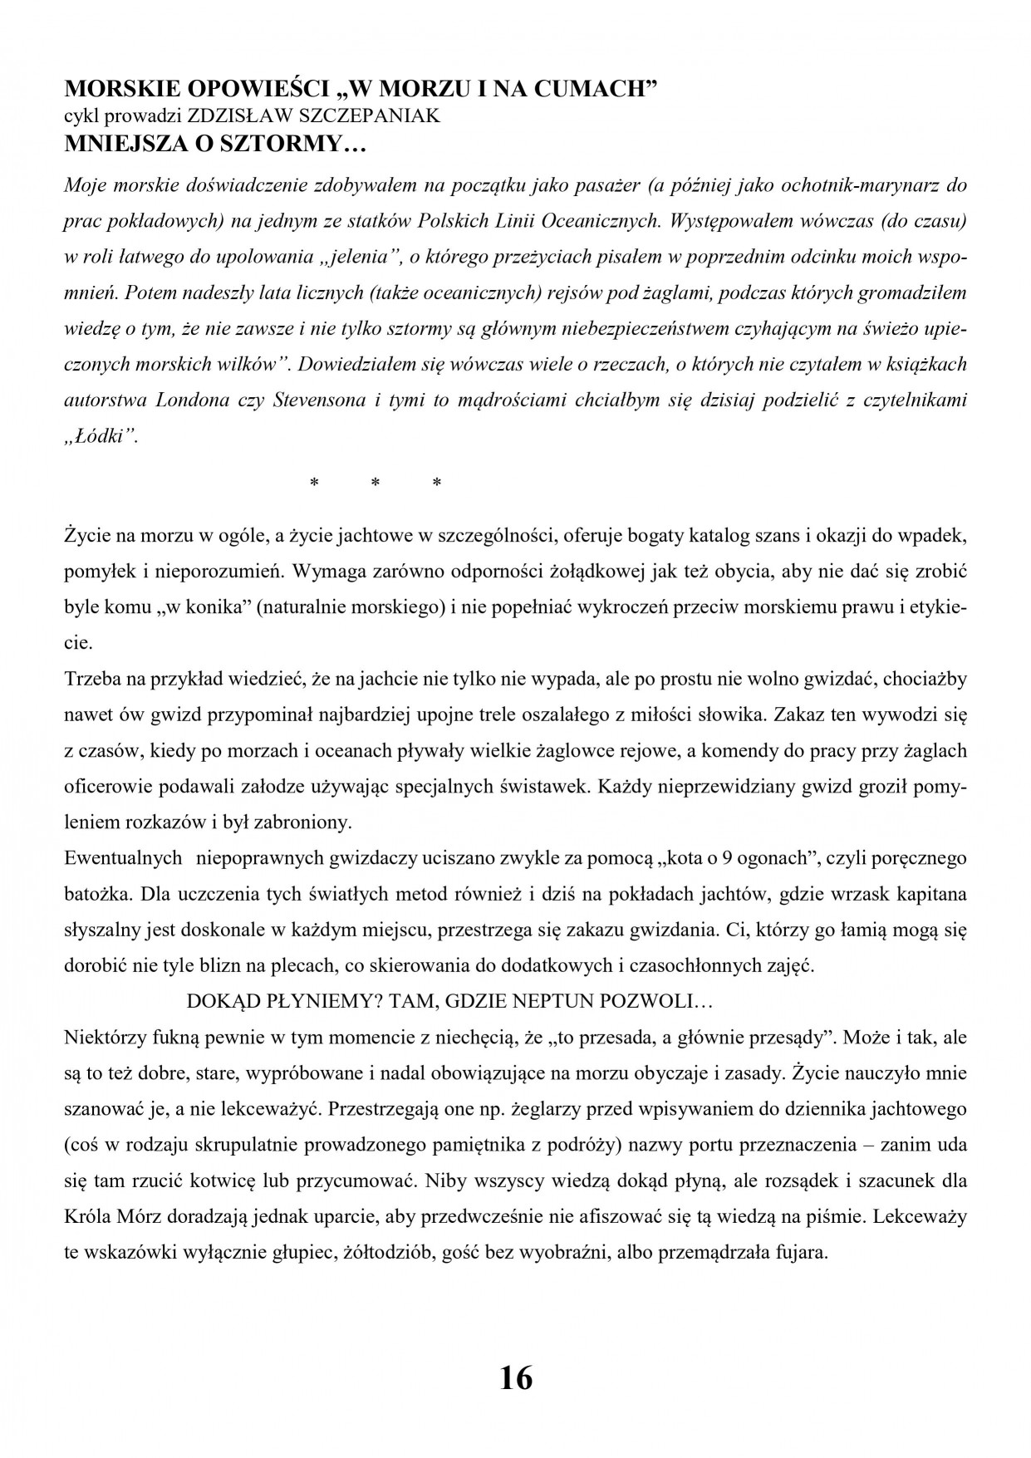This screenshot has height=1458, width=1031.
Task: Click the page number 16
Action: tap(515, 1378)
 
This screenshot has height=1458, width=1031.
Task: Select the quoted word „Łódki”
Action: tap(101, 436)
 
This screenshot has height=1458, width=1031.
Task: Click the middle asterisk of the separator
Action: tap(375, 484)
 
